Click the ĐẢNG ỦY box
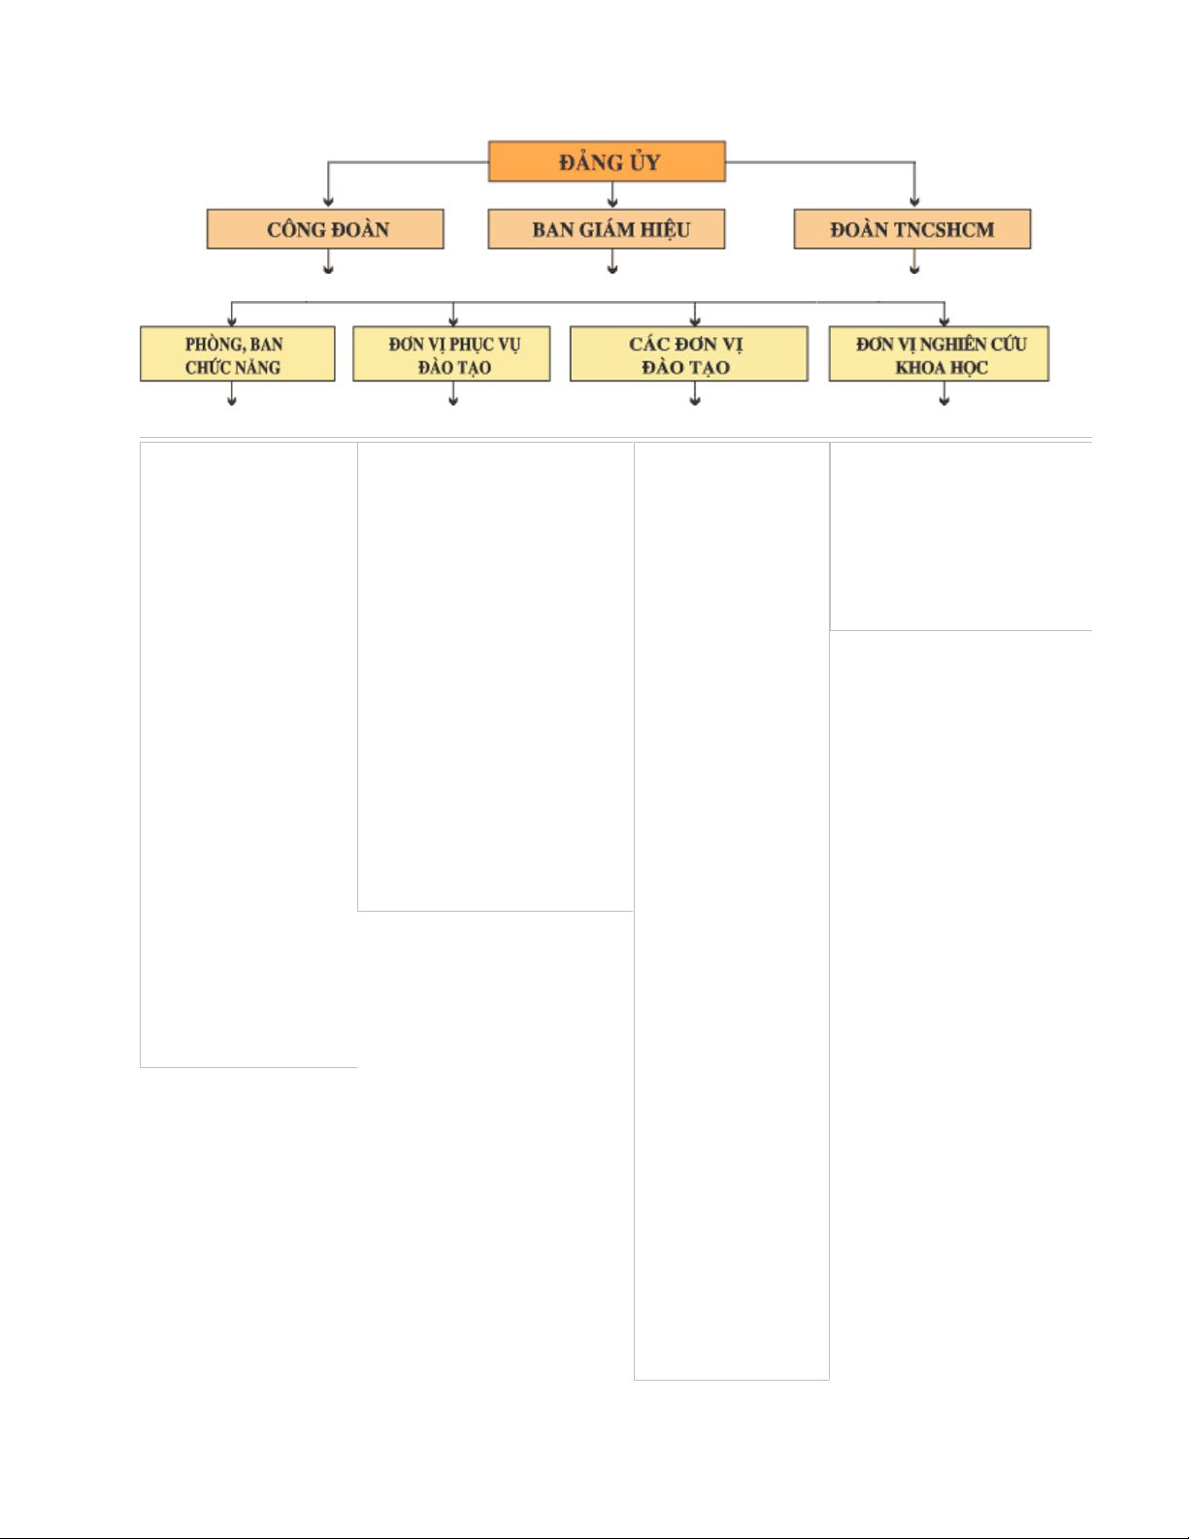click(x=607, y=161)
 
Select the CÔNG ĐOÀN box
click(x=325, y=229)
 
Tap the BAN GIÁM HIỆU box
click(x=607, y=229)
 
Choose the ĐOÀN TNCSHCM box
click(x=912, y=229)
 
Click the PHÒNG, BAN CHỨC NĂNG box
click(x=237, y=354)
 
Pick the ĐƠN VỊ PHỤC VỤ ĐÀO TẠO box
click(x=451, y=354)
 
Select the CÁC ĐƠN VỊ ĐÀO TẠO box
click(x=688, y=354)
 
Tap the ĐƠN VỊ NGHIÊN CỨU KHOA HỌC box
click(x=940, y=354)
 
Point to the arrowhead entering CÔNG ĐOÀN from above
click(x=328, y=203)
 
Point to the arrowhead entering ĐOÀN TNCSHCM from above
click(x=914, y=203)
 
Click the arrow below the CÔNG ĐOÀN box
click(x=328, y=261)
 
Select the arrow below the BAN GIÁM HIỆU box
click(x=612, y=261)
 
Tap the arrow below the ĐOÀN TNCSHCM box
click(x=914, y=261)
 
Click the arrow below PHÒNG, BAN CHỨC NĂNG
click(x=231, y=394)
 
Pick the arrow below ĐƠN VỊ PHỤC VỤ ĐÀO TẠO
click(x=453, y=394)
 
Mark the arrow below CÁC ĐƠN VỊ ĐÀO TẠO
click(x=695, y=394)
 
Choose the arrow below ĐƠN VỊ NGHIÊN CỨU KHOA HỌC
click(x=944, y=394)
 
